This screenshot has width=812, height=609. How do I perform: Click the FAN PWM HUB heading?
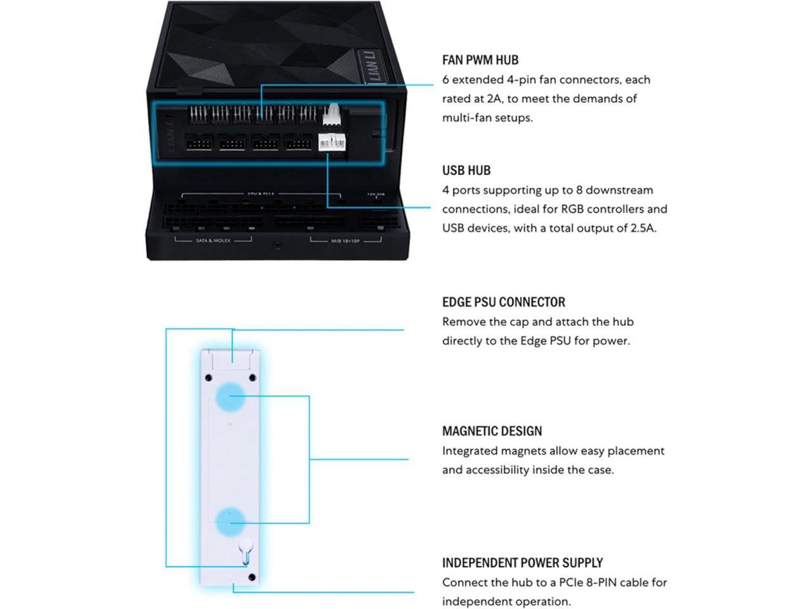480,60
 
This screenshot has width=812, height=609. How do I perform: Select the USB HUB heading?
466,170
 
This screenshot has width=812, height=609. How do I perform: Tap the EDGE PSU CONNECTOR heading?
503,302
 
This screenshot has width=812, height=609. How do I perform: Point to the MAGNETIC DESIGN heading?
492,431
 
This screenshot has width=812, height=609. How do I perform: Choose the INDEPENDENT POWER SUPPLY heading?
522,563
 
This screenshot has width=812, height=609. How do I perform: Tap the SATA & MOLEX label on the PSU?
213,241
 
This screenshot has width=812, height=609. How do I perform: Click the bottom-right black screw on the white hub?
252,577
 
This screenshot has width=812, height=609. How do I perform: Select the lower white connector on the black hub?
331,143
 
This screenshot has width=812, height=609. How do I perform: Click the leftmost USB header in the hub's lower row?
198,143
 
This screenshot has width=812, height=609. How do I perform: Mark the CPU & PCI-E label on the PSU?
260,193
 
